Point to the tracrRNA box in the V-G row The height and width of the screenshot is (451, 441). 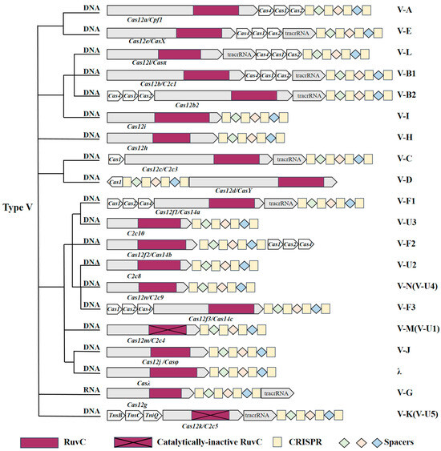(276, 393)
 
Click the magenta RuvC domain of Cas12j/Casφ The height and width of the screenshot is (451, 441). (170, 351)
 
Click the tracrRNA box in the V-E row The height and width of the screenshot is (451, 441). (299, 33)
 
